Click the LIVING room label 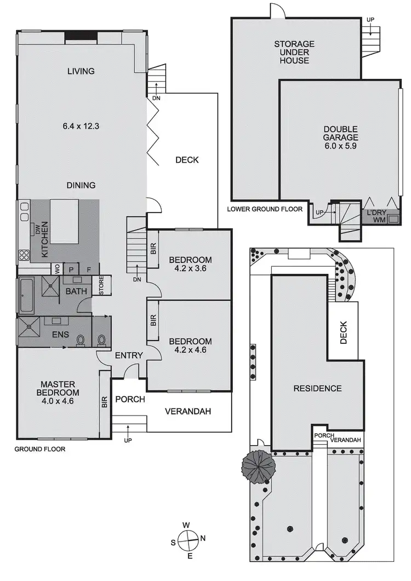coord(81,71)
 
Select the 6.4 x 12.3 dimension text coord(81,126)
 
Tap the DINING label coord(81,185)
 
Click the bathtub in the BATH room coord(26,296)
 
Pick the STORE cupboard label coord(101,285)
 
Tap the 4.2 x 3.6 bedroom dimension coord(190,264)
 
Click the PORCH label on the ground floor coord(130,399)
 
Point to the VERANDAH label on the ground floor coord(188,412)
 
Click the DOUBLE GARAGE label coord(340,137)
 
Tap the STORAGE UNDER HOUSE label coord(294,52)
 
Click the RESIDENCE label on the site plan coord(317,388)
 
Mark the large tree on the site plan coord(258,465)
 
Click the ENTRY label coord(129,356)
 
